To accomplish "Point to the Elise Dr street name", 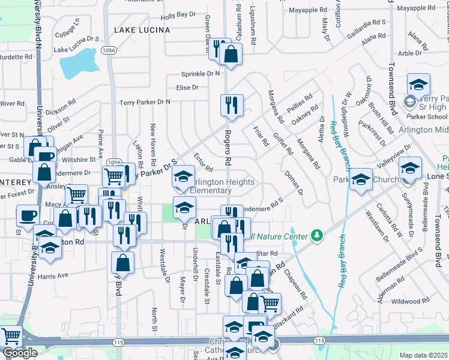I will click(187, 88).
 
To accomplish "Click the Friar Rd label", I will click(261, 137).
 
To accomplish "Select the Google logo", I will click(20, 353).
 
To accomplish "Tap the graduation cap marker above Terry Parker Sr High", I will click(418, 84).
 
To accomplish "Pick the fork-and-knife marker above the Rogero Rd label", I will click(232, 106).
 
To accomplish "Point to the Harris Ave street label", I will click(53, 277).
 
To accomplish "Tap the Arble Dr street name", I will click(410, 53).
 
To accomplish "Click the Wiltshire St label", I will click(79, 160).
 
